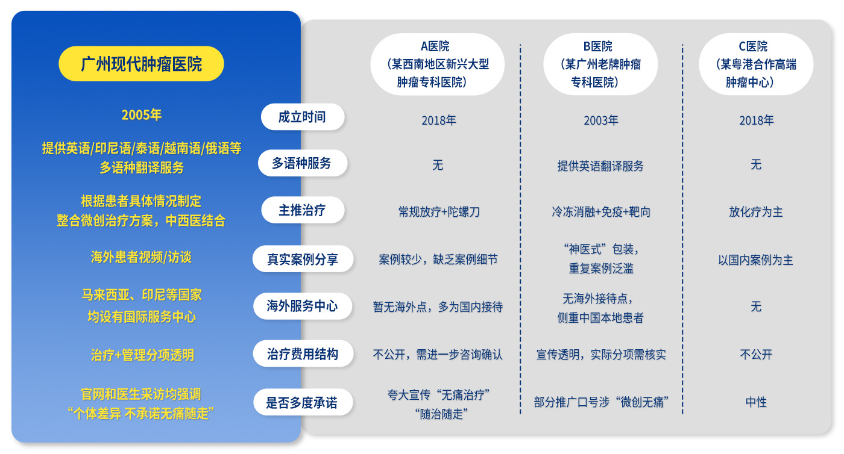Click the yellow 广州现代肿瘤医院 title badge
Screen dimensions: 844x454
click(x=141, y=64)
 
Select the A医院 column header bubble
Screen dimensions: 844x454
click(x=438, y=64)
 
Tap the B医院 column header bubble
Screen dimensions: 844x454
click(x=600, y=64)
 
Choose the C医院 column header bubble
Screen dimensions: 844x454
click(x=756, y=64)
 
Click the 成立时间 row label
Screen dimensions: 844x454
click(x=303, y=117)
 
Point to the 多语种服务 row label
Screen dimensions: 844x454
click(x=302, y=163)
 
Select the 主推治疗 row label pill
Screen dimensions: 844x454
click(x=303, y=210)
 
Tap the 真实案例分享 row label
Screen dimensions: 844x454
click(x=303, y=259)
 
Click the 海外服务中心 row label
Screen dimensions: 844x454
click(x=303, y=306)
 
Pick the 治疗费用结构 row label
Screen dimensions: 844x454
click(x=303, y=354)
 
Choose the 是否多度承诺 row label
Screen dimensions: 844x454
click(x=303, y=402)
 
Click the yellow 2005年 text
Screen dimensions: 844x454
click(x=141, y=114)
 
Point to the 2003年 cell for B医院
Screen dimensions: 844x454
click(x=601, y=120)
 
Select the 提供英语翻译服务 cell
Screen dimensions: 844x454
click(x=600, y=166)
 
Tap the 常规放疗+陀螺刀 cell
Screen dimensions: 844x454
click(x=439, y=212)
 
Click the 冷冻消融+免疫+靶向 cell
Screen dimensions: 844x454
click(x=601, y=212)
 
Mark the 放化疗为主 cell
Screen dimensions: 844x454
click(x=756, y=212)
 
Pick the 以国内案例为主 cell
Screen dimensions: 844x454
click(x=756, y=260)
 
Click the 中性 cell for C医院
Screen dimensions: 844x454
click(x=756, y=402)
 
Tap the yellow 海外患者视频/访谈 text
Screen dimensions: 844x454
click(x=141, y=257)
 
